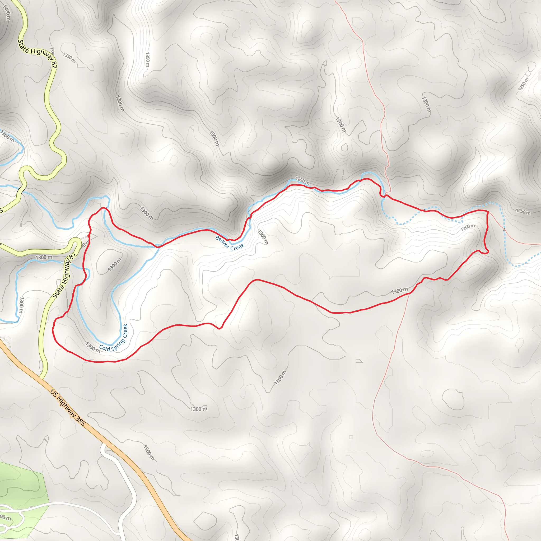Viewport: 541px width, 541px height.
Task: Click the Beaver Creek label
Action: pyautogui.click(x=230, y=243)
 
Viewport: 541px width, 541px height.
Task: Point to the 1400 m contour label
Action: pyautogui.click(x=6, y=13)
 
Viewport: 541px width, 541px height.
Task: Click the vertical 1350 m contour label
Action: pyautogui.click(x=148, y=59)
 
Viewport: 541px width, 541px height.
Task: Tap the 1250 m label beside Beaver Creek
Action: pyautogui.click(x=302, y=181)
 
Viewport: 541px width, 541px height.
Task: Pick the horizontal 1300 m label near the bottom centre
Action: pyautogui.click(x=199, y=409)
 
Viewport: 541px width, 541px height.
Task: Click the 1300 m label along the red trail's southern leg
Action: pyautogui.click(x=400, y=291)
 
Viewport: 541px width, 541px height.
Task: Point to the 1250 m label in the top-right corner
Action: pyautogui.click(x=523, y=84)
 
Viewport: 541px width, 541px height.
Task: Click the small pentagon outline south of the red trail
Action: pyautogui.click(x=359, y=361)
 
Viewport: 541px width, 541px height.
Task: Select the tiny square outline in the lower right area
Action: pyautogui.click(x=351, y=437)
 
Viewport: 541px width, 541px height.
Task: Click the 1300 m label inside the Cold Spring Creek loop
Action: pyautogui.click(x=115, y=265)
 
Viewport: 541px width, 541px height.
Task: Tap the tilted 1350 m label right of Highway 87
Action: pyautogui.click(x=69, y=57)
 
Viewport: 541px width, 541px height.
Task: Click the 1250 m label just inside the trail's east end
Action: pyautogui.click(x=468, y=227)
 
